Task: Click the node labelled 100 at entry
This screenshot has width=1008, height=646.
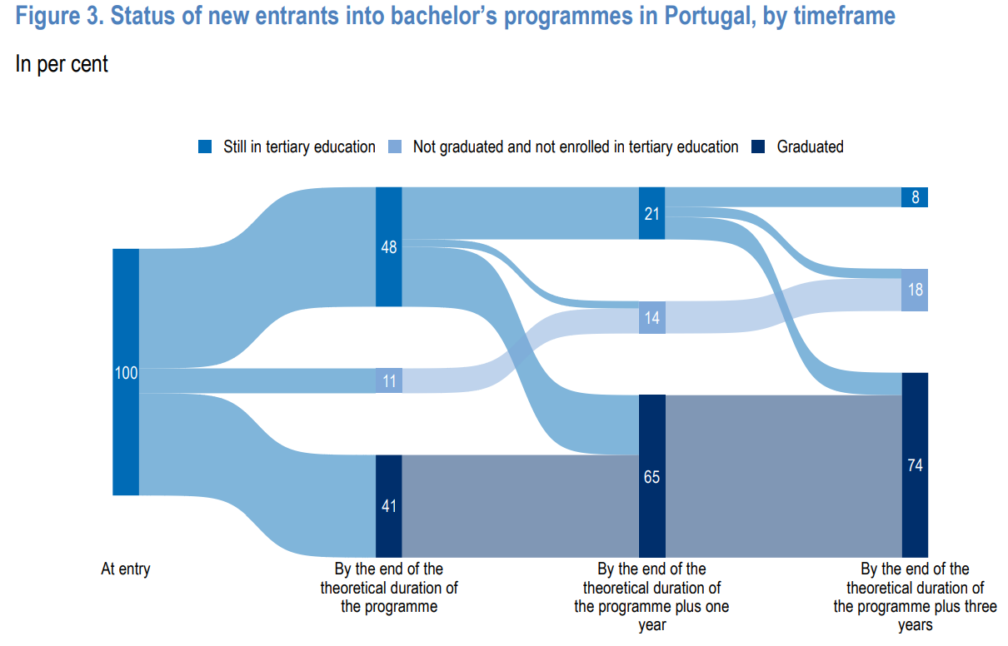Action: pyautogui.click(x=126, y=372)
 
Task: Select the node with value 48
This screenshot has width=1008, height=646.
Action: pyautogui.click(x=389, y=246)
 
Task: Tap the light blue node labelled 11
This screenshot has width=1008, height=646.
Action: pyautogui.click(x=389, y=380)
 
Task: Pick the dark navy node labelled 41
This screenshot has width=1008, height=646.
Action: pyautogui.click(x=389, y=506)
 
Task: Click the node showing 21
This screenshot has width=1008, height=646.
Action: pyautogui.click(x=651, y=213)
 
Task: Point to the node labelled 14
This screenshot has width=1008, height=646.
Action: pyautogui.click(x=651, y=317)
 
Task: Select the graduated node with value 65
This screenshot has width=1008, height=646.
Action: pyautogui.click(x=651, y=476)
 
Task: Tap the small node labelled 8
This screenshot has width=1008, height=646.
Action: pyautogui.click(x=915, y=197)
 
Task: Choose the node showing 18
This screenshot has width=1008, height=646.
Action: pyautogui.click(x=915, y=290)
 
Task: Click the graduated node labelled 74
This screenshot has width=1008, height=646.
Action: pyautogui.click(x=915, y=465)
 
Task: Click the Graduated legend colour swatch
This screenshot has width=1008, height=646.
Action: pyautogui.click(x=758, y=147)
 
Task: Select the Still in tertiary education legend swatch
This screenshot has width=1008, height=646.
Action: pyautogui.click(x=205, y=147)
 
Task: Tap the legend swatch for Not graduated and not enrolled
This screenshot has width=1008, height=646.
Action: pyautogui.click(x=395, y=147)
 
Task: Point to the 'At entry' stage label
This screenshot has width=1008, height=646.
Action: pyautogui.click(x=126, y=569)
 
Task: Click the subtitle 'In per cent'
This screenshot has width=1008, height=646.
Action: pyautogui.click(x=62, y=64)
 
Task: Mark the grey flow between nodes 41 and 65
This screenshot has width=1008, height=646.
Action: pyautogui.click(x=520, y=506)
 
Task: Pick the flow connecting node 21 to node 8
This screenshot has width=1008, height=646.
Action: pyautogui.click(x=783, y=197)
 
